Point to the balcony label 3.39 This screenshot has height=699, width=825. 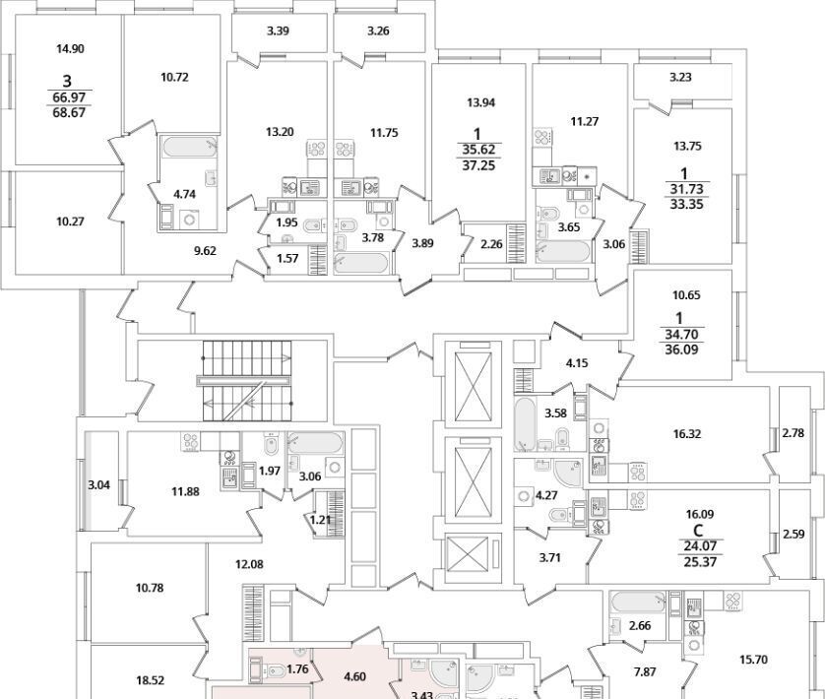click(x=279, y=31)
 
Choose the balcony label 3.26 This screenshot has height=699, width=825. click(x=378, y=31)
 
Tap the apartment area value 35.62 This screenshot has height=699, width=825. click(x=478, y=150)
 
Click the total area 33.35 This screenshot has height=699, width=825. click(x=684, y=205)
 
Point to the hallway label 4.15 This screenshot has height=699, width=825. click(x=577, y=363)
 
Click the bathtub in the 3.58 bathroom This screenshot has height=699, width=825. click(x=526, y=424)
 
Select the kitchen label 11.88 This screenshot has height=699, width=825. click(x=184, y=491)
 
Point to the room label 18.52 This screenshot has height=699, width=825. click(x=150, y=679)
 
